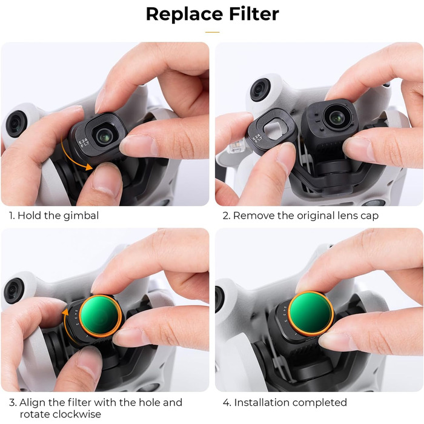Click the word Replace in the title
click(x=185, y=15)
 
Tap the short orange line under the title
click(x=212, y=32)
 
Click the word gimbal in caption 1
click(x=82, y=216)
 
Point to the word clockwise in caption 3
click(x=61, y=414)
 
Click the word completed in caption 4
click(x=319, y=403)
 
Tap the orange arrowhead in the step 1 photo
click(x=88, y=167)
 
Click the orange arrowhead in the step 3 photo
click(x=65, y=312)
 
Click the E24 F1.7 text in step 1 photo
click(x=84, y=143)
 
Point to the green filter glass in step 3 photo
click(x=100, y=316)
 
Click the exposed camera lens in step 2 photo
click(x=337, y=117)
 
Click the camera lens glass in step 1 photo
click(x=104, y=136)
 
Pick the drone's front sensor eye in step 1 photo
click(x=16, y=124)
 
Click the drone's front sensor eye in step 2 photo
click(x=260, y=90)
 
